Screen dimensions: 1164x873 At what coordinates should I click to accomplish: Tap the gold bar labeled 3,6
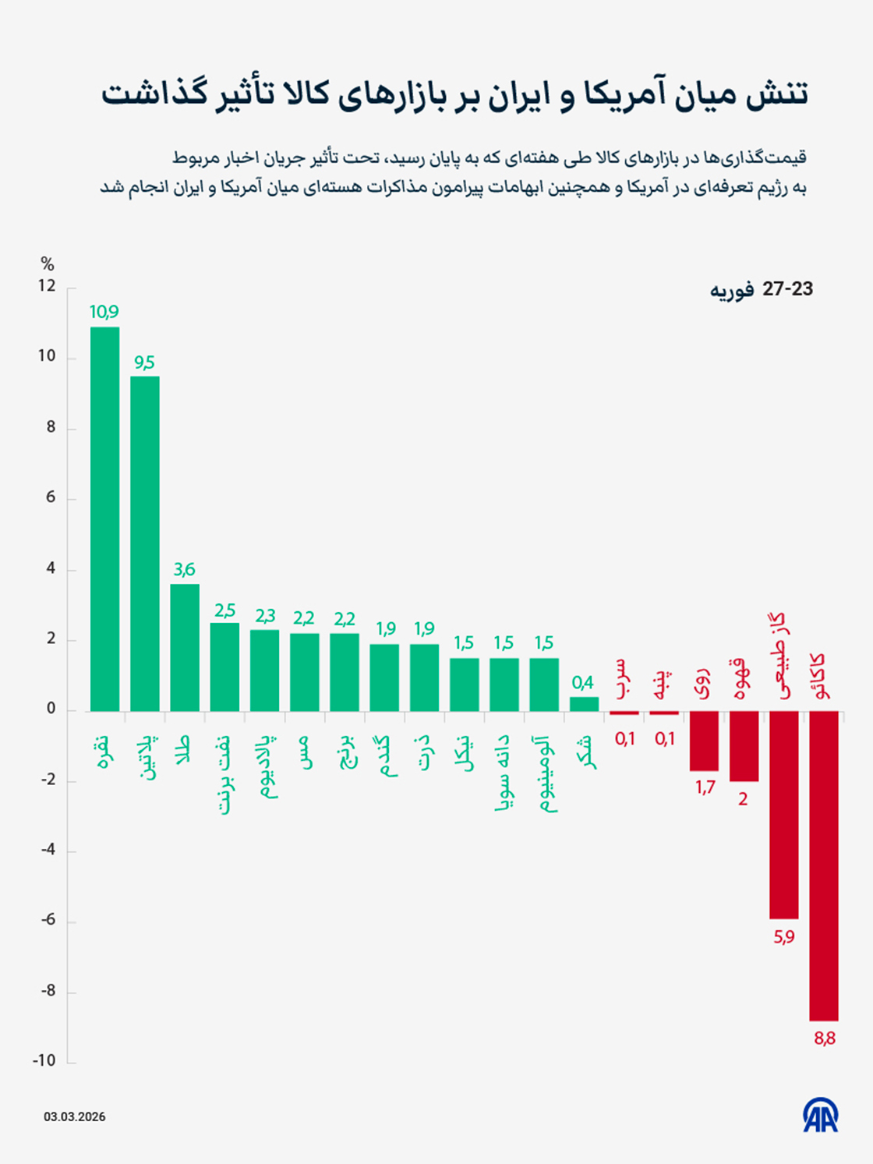point(185,647)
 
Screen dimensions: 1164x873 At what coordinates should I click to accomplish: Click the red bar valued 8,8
point(824,865)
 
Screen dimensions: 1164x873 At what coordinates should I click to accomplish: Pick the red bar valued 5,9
point(784,815)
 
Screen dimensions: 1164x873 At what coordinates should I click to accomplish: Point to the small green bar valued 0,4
point(584,704)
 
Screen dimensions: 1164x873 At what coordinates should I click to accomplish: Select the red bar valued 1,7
point(704,741)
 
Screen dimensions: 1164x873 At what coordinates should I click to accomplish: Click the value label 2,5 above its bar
point(224,610)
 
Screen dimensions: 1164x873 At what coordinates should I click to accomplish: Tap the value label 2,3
point(265,616)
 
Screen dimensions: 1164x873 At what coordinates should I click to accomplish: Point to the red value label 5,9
point(784,936)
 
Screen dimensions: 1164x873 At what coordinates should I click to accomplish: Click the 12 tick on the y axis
point(47,286)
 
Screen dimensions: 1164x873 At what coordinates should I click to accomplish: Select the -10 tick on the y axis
point(44,1060)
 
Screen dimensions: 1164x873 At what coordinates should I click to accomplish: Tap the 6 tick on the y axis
point(51,497)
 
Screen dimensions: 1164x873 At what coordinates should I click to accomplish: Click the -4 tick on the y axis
point(48,849)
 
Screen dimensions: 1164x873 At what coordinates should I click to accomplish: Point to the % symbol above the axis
point(48,264)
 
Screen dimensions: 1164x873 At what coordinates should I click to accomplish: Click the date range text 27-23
point(787,289)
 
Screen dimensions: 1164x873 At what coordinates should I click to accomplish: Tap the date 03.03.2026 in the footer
point(74,1116)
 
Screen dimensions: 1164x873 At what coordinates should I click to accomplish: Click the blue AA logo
point(821,1116)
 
